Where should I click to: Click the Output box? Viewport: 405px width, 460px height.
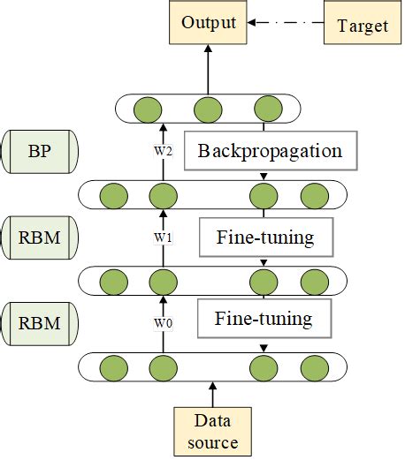(209, 23)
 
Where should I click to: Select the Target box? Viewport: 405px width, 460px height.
(362, 25)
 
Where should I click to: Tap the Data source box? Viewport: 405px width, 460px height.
(212, 430)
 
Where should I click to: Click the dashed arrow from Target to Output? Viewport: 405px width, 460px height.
(288, 24)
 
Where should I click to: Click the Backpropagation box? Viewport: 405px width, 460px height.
(270, 151)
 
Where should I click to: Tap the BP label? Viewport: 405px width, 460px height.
(41, 150)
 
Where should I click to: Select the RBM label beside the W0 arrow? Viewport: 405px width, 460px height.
(41, 322)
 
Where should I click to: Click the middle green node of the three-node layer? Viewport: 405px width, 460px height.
(208, 109)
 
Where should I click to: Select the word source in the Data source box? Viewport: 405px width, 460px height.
(212, 441)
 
